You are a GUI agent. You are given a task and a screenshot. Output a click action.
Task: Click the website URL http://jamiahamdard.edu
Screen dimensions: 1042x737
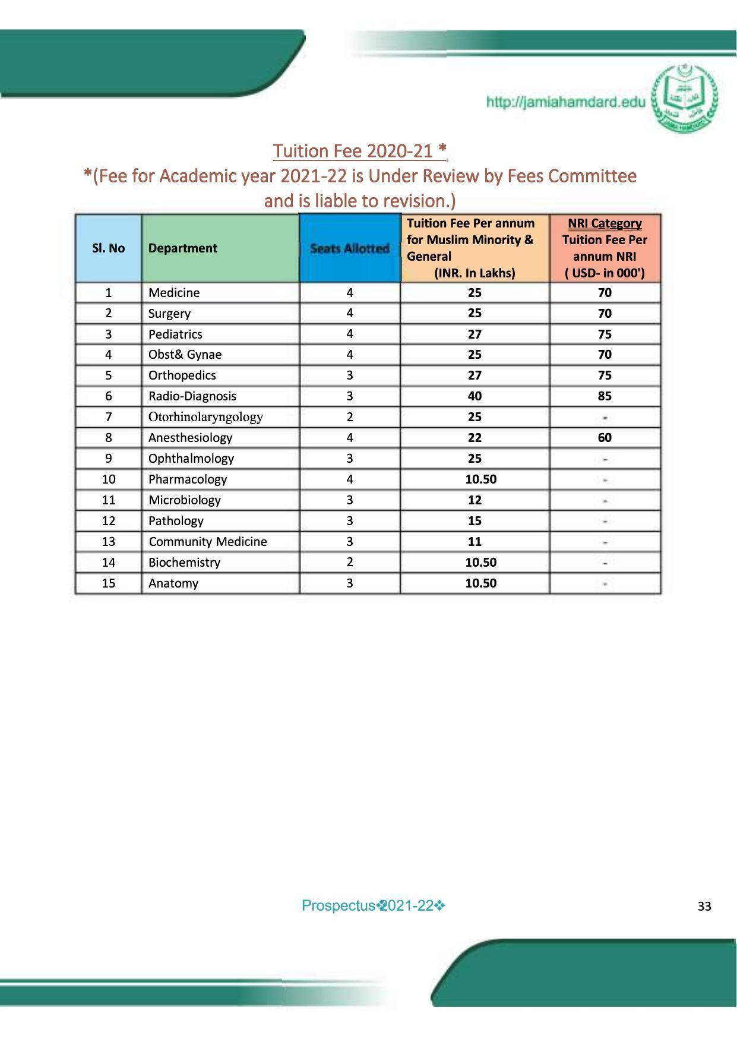pos(565,102)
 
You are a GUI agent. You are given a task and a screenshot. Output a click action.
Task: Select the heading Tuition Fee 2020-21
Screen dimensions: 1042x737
pos(359,151)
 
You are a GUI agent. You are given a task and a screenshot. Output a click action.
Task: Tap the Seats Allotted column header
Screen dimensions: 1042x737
pos(350,248)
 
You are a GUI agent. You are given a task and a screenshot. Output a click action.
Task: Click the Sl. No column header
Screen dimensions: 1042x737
pos(108,248)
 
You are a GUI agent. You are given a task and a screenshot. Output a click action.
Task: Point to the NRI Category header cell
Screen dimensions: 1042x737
pos(605,248)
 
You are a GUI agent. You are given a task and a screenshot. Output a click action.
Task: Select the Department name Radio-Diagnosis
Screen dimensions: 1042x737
pos(192,396)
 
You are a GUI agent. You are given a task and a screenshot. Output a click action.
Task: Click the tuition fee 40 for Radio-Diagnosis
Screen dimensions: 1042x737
pos(474,396)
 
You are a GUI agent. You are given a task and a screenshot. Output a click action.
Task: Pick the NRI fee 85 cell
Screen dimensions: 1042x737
pos(605,396)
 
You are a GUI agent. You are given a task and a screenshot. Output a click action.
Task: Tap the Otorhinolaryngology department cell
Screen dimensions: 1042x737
pos(205,417)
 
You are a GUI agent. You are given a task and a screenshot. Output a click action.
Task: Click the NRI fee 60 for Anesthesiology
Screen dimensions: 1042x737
pos(605,438)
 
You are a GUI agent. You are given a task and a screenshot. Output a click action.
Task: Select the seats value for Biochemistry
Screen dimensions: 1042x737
pos(350,562)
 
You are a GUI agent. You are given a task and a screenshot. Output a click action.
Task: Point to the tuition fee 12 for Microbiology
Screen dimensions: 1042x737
pos(474,500)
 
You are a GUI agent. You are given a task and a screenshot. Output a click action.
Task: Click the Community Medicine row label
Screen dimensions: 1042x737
pos(207,542)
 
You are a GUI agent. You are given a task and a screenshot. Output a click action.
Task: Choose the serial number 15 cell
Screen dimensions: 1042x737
pos(108,583)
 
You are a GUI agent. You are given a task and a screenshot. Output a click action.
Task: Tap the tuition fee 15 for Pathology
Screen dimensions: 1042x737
pos(474,521)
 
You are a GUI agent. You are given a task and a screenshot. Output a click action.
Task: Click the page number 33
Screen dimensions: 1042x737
pos(704,907)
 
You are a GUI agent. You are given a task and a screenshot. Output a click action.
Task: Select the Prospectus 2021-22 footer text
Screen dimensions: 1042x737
pos(373,906)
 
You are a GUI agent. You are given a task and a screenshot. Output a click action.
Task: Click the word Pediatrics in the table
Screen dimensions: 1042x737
pos(175,334)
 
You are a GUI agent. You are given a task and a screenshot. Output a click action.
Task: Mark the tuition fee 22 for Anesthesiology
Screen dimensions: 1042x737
pos(474,438)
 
